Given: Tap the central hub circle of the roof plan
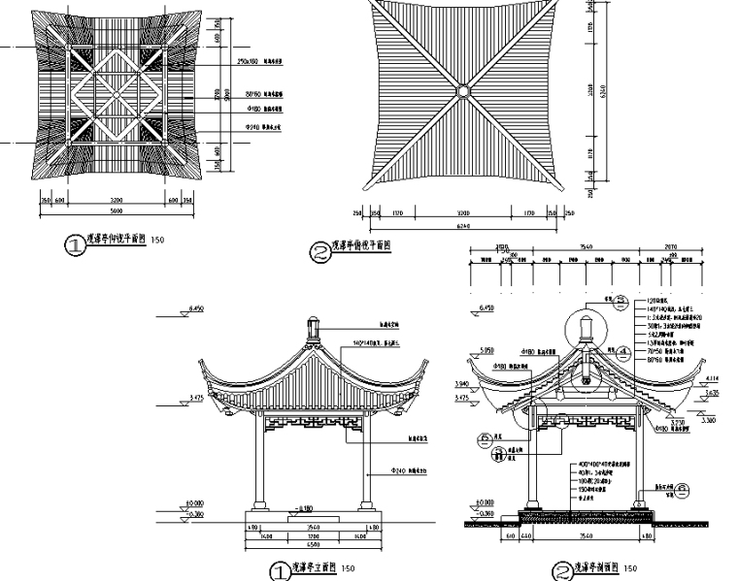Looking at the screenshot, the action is [x=463, y=92].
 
